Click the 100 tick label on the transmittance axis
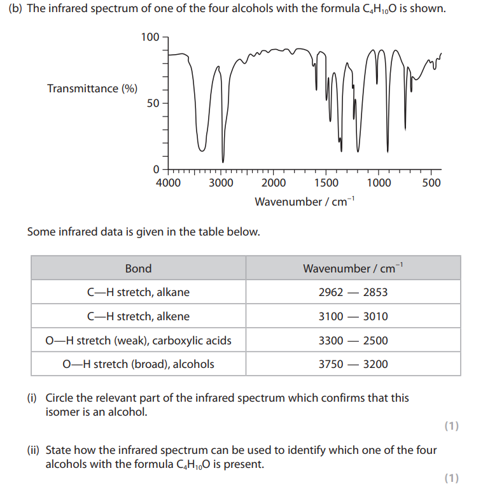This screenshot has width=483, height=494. coord(151,37)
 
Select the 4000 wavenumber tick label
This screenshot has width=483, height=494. coord(168,183)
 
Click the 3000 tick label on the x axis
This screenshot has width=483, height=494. coord(221,183)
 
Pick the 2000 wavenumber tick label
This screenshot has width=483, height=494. coord(274,183)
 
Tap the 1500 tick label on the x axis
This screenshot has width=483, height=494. coord(326,183)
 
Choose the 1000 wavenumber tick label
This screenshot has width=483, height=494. coord(379,183)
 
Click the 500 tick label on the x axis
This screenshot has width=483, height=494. coord(431,183)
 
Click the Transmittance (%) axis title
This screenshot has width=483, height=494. coord(92,88)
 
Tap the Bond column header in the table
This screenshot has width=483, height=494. coord(138,268)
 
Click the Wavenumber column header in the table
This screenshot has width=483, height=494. coord(353,268)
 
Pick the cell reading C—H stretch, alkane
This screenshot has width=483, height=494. coord(138,292)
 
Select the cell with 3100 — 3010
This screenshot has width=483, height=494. coord(353,316)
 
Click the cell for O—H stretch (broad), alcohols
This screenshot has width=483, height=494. coord(138,364)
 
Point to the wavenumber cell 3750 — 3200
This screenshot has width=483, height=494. coord(353,364)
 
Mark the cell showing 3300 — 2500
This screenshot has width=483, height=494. coord(353,341)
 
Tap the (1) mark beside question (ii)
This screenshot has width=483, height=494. coord(451,478)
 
